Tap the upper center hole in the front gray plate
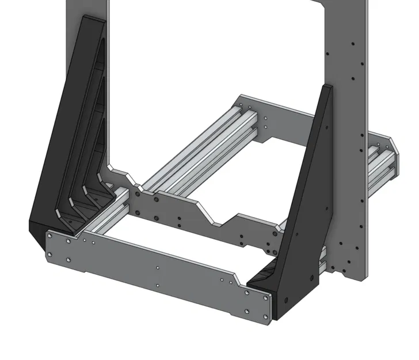[158, 267]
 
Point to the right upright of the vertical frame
[345, 46]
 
